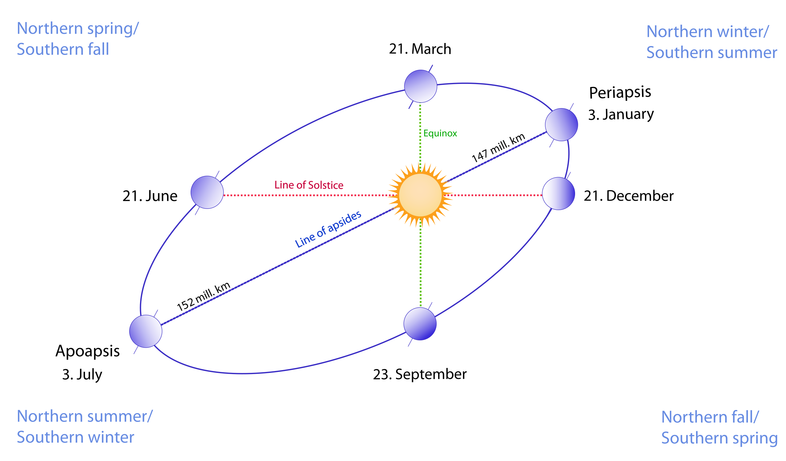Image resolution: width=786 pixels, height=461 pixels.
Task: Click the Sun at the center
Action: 420,195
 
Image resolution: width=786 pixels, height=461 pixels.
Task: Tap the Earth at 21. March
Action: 420,86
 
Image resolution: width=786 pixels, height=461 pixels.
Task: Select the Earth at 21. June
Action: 207,192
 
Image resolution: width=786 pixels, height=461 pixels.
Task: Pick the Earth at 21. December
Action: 558,193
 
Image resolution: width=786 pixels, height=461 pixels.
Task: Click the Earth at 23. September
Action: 420,324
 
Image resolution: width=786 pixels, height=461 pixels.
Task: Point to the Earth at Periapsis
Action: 562,124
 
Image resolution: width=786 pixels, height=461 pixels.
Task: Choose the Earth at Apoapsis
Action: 146,331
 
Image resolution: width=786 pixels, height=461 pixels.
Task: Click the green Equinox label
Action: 440,134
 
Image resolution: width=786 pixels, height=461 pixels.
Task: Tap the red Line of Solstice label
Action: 309,185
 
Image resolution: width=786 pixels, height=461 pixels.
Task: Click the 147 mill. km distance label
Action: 498,147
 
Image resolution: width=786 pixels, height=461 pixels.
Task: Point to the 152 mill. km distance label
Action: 203,296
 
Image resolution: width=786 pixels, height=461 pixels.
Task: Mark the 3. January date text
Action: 621,115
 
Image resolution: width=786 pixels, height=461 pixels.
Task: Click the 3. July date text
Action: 82,374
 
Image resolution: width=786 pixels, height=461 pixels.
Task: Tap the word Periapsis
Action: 620,92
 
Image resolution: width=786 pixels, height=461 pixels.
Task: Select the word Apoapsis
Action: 88,351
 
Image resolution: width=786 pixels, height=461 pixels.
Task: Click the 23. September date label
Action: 420,374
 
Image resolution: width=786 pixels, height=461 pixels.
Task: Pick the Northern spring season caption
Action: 78,28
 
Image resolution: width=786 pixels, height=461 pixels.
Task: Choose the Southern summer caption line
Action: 711,53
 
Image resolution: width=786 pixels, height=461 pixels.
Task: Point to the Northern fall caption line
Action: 710,417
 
